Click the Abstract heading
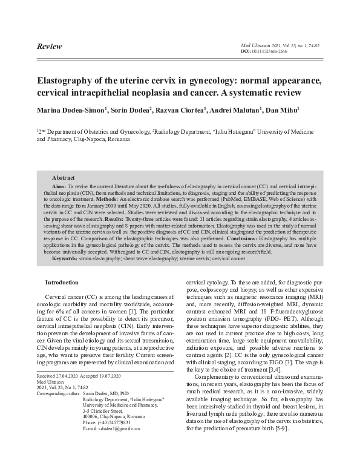point(63,178)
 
